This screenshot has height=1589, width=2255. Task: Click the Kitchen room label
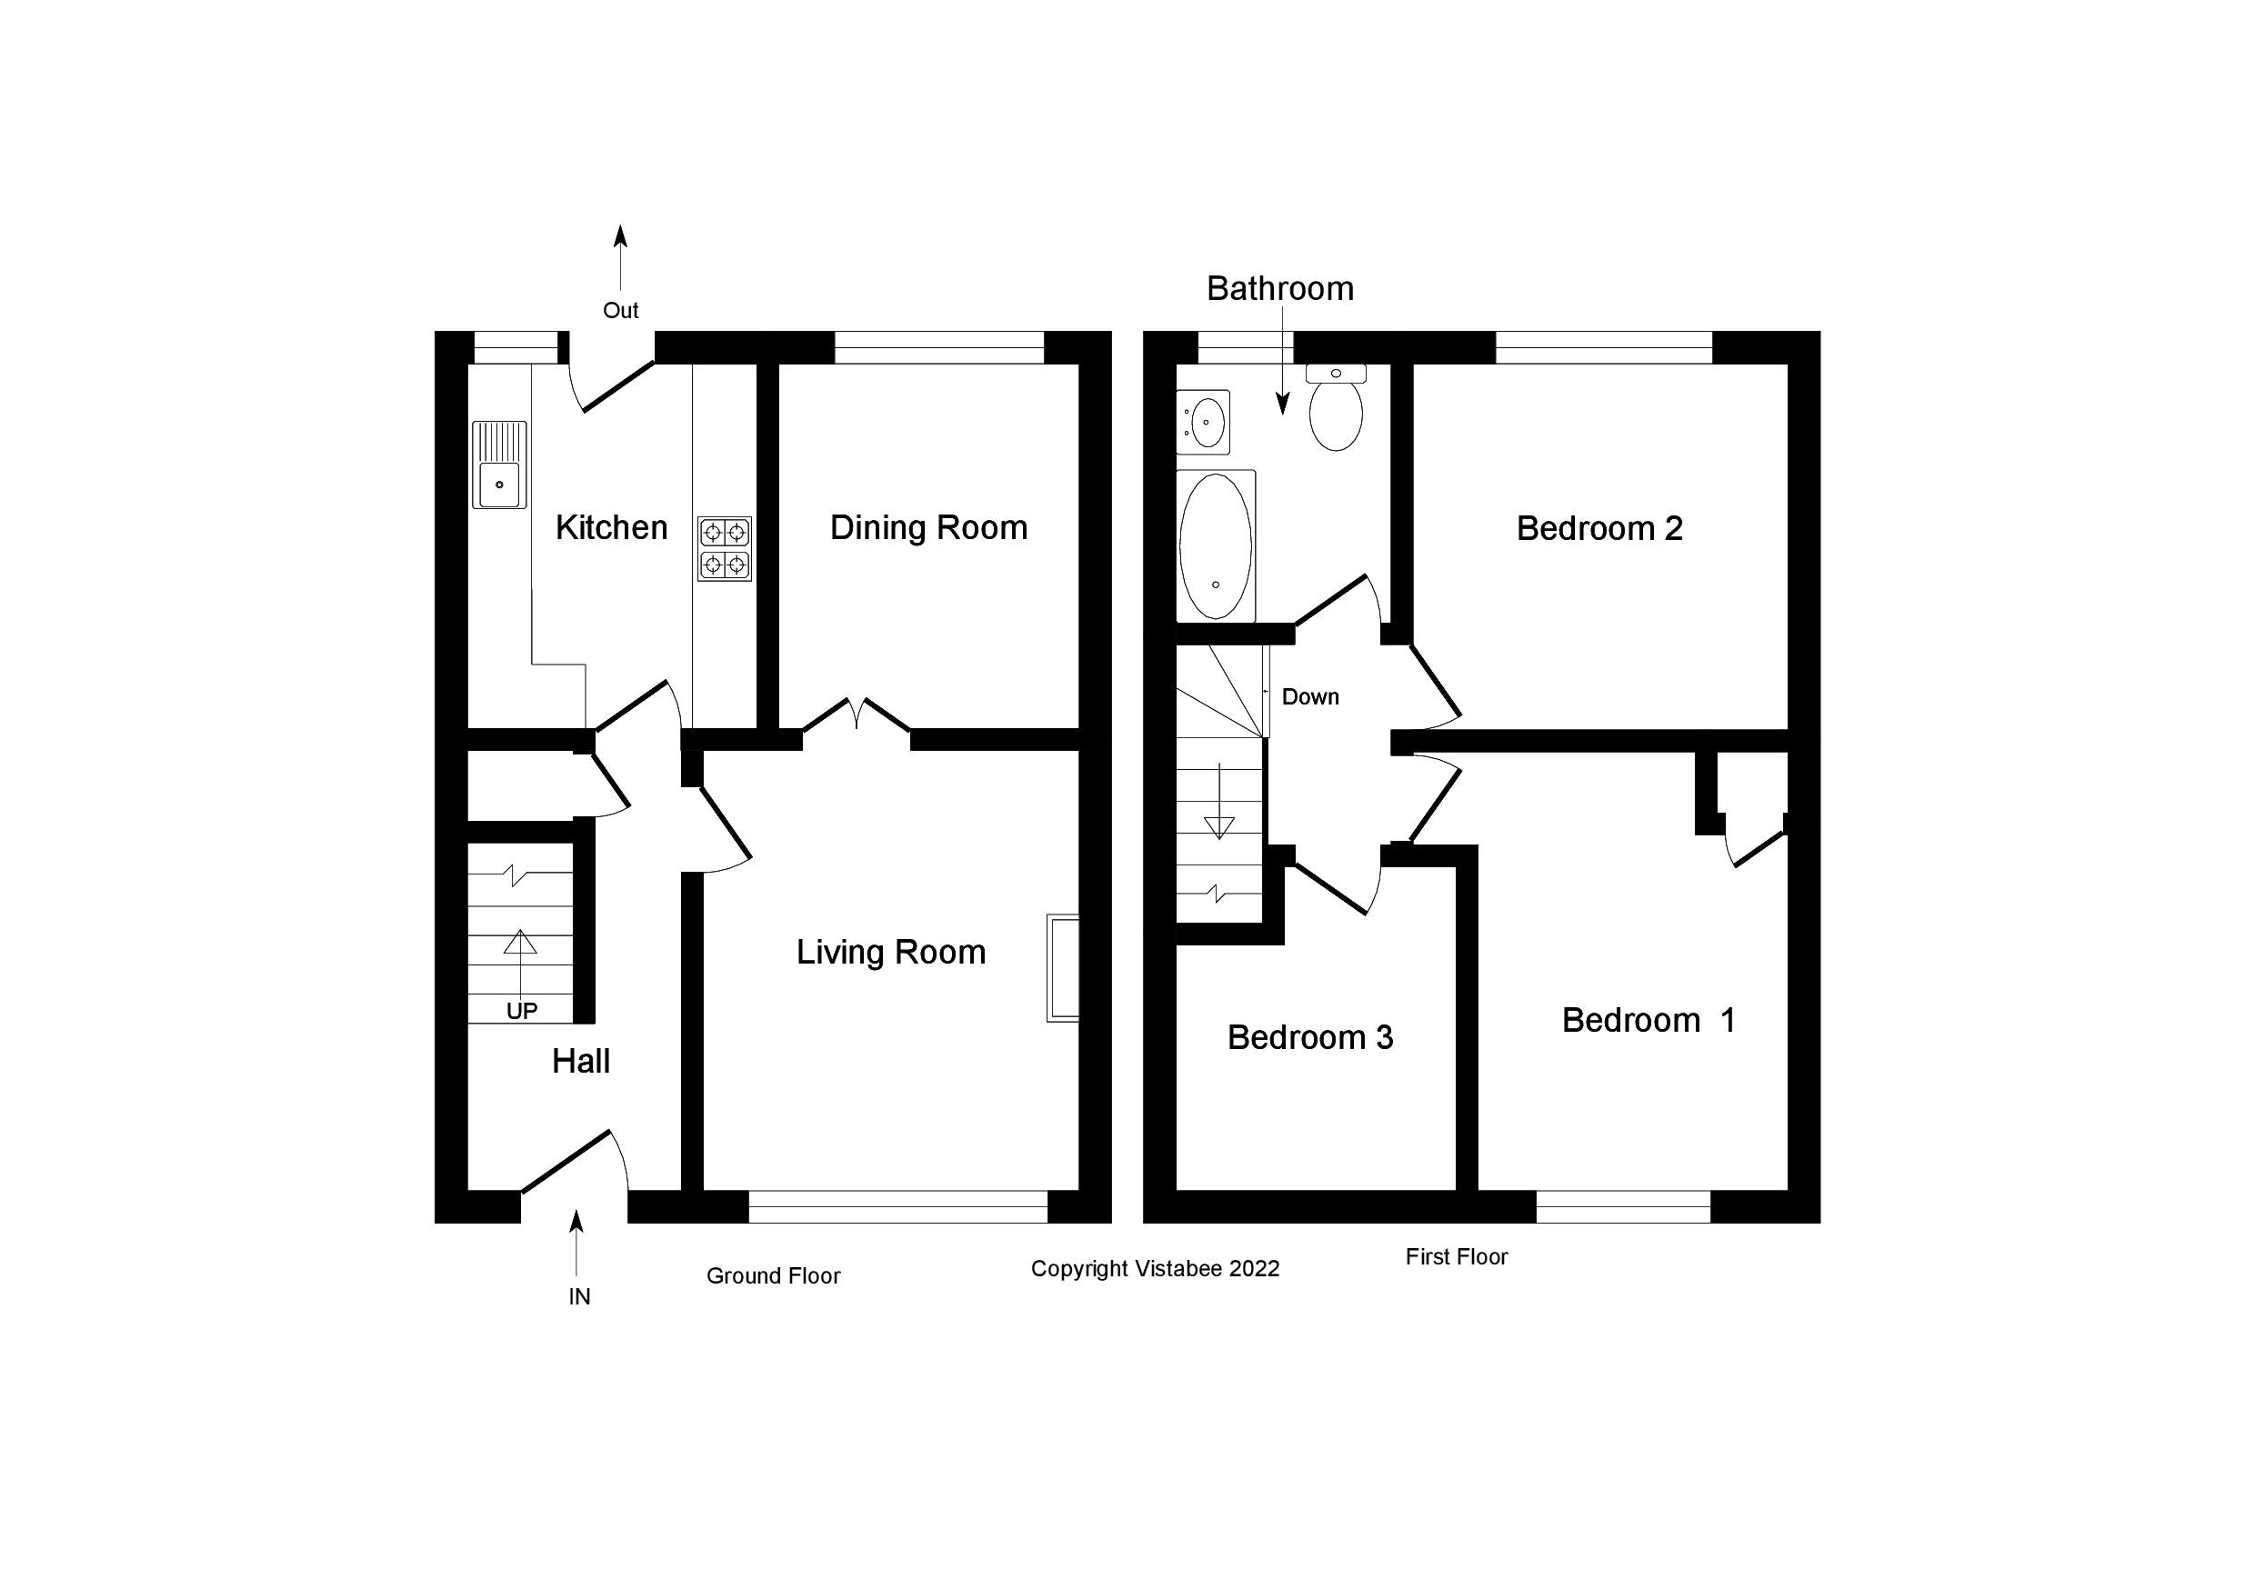click(611, 528)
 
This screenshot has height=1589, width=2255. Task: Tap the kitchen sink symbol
click(499, 465)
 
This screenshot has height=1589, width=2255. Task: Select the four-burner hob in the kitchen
click(725, 549)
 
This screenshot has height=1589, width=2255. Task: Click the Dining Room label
click(928, 528)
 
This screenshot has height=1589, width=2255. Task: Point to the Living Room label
click(891, 953)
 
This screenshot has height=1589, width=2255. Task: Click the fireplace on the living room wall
click(1063, 968)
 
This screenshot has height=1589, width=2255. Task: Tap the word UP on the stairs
click(522, 1012)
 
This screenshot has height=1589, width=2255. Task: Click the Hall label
click(580, 1062)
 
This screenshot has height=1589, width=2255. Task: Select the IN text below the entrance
click(579, 1297)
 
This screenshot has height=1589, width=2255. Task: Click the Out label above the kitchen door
click(621, 310)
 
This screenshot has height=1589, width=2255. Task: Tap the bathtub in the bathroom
click(1216, 546)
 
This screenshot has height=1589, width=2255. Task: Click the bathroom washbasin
click(1204, 423)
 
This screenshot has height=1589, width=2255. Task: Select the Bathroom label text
click(1279, 289)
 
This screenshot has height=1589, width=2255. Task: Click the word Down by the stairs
click(1310, 697)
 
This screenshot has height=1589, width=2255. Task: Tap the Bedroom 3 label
click(1310, 1038)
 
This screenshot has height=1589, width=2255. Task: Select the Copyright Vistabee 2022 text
click(1155, 1269)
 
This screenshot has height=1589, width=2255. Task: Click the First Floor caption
click(1456, 1257)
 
